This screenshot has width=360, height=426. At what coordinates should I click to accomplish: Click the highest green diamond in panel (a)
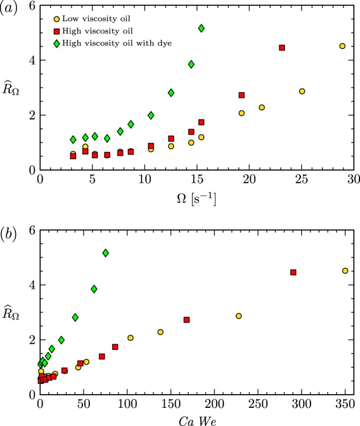[x=201, y=28]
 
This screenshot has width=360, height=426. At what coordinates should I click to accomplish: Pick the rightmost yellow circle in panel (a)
[x=342, y=46]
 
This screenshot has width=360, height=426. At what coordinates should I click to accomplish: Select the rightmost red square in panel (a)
[x=282, y=48]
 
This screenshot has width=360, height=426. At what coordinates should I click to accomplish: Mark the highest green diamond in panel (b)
[x=105, y=253]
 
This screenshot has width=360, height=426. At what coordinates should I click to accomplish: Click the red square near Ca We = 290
[x=293, y=272]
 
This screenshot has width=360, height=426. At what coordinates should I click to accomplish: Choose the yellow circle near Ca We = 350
[x=345, y=271]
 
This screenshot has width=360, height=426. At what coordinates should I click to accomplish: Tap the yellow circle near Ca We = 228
[x=239, y=316]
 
